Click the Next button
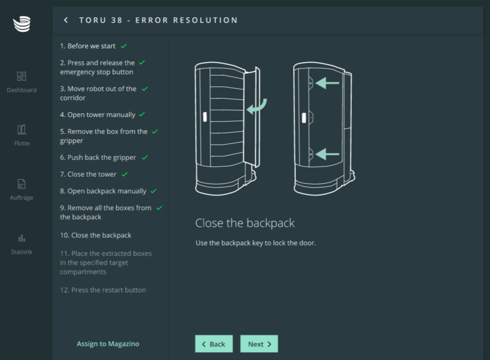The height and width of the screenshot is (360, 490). tap(259, 344)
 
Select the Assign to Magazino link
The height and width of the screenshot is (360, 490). tap(108, 344)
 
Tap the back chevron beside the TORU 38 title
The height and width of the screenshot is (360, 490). tap(66, 20)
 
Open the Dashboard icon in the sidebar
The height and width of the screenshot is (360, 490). tap(22, 76)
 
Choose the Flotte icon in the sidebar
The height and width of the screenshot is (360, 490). tap(22, 130)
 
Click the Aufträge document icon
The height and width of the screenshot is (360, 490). tap(22, 184)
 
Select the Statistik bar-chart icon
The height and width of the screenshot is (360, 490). tap(22, 238)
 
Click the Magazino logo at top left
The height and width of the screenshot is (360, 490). tap(22, 24)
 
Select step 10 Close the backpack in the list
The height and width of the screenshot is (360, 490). tap(96, 235)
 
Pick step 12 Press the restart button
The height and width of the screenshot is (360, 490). tap(103, 290)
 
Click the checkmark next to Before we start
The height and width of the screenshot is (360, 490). tap(124, 46)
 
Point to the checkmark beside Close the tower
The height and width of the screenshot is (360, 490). tap(125, 174)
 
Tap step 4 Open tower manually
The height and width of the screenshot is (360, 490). tap(97, 115)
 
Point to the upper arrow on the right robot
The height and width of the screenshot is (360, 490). tap(327, 83)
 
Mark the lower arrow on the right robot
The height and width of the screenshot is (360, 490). tap(327, 154)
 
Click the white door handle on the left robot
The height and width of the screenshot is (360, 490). tap(205, 117)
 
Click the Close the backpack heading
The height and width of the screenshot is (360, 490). tap(245, 223)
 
